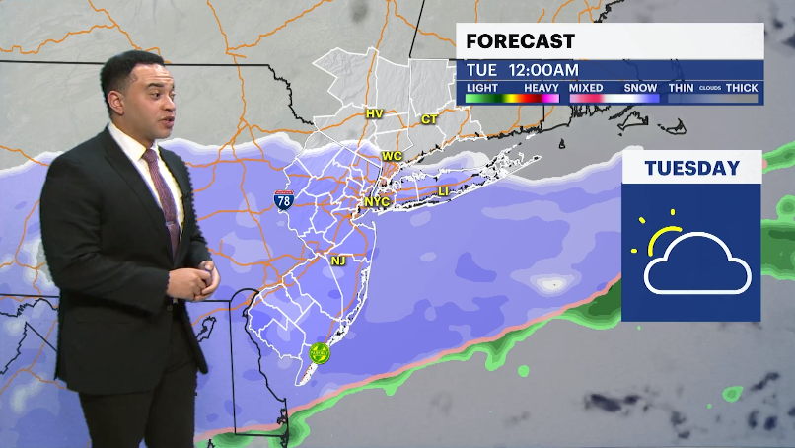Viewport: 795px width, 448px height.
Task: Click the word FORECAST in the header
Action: [x=520, y=41]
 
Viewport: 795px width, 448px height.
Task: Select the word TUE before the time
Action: [x=481, y=71]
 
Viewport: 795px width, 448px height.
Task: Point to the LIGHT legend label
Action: [x=481, y=88]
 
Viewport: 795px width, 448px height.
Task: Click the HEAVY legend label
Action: [x=542, y=88]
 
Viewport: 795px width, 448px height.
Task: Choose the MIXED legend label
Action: [x=586, y=88]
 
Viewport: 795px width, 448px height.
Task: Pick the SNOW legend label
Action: [x=641, y=88]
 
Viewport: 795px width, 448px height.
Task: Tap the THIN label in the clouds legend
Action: [x=682, y=88]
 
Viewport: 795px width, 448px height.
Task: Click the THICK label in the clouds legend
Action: [x=742, y=88]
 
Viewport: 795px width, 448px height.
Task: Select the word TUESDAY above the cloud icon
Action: [x=691, y=168]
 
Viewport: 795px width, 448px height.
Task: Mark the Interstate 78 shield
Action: [x=284, y=199]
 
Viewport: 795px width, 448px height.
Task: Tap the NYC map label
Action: [x=377, y=202]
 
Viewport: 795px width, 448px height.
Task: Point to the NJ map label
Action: [x=338, y=261]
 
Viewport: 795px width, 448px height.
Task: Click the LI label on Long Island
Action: [x=443, y=190]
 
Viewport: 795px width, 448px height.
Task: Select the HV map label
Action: [x=374, y=113]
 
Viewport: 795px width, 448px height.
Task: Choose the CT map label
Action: [x=429, y=119]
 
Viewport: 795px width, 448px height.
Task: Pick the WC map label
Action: [x=392, y=156]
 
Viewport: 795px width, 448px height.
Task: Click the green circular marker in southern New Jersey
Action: [x=319, y=350]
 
